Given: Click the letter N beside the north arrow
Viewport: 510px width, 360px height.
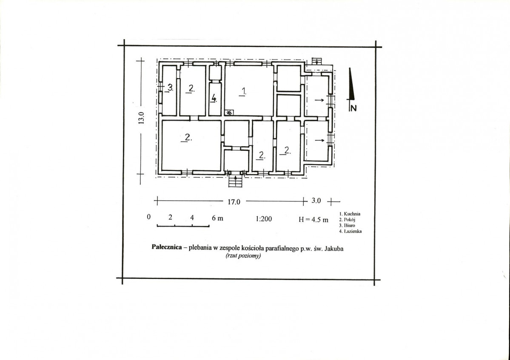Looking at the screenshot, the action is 353,108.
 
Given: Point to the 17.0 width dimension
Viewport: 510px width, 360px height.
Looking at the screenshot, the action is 234,202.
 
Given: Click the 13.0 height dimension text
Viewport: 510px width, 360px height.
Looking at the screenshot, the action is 141,118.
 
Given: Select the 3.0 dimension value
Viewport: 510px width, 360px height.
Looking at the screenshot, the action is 316,201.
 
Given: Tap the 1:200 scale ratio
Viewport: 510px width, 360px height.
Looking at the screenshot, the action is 264,219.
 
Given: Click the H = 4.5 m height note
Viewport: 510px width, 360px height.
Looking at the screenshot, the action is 313,220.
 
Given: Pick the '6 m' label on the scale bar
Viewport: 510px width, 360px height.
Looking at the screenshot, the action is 218,218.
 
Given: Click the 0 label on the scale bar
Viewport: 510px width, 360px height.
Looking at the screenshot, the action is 148,217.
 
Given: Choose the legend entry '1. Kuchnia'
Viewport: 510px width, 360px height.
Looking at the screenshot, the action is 350,214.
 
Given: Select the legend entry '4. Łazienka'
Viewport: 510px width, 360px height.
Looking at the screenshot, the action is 350,231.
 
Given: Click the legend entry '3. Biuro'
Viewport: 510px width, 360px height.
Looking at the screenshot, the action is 347,226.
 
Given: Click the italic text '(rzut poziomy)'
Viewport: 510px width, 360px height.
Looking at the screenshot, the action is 243,256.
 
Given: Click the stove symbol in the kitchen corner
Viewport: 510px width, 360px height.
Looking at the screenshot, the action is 229,113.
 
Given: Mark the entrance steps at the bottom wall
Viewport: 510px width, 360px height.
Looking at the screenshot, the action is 236,181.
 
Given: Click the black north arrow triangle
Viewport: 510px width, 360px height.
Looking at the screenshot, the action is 350,84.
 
